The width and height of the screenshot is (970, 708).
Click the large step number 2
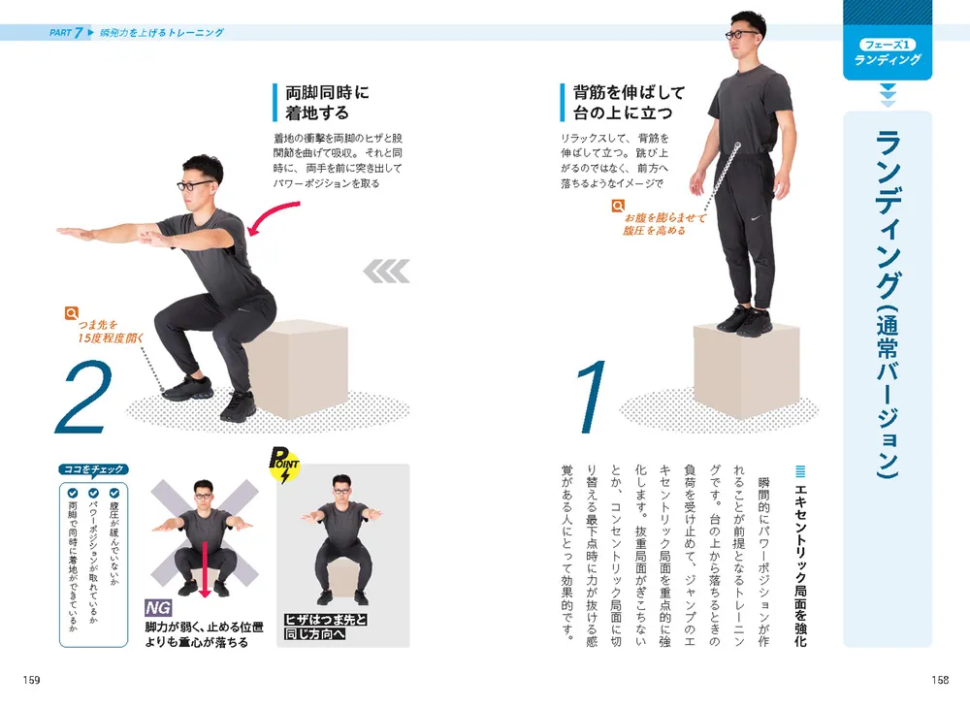point(84,397)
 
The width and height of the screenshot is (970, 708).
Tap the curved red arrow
point(273,217)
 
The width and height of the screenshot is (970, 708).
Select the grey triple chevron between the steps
point(387,271)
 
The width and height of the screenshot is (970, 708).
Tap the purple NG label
point(158,608)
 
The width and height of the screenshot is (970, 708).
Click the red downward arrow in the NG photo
point(205,570)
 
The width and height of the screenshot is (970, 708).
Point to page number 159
point(32,680)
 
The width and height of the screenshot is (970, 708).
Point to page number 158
point(940,680)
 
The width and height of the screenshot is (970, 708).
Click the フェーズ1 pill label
point(888,45)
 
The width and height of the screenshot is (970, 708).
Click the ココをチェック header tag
point(93,470)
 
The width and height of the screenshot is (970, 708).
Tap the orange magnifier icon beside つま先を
point(72,313)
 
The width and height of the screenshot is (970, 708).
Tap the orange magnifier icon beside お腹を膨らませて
point(617,206)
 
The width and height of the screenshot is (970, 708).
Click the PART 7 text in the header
point(66,33)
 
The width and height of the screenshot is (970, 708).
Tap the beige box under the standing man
point(746,370)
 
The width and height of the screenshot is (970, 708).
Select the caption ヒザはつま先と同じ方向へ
point(325,627)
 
